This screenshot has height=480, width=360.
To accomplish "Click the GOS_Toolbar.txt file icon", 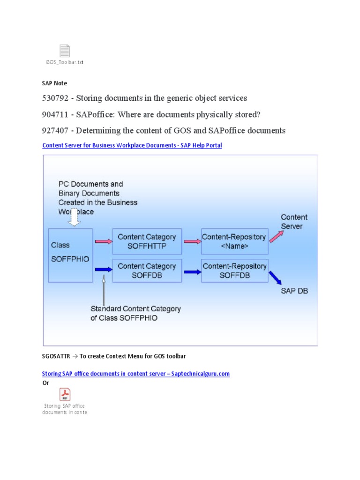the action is coord(65,51).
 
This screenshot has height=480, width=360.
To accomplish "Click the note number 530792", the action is coord(55,98).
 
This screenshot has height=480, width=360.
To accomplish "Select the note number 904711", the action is coord(55,114).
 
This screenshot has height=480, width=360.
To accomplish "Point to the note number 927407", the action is coord(55,130).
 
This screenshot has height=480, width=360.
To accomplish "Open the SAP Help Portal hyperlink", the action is coord(132,145).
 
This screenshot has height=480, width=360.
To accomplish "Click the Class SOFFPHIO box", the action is coord(70,255).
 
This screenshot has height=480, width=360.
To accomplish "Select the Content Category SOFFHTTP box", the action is coord(147,241).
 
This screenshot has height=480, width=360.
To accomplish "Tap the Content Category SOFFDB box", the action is coord(147,270).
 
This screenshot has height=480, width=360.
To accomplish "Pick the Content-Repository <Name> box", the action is coord(235,241).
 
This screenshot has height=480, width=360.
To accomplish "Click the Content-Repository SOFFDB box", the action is coord(235,270).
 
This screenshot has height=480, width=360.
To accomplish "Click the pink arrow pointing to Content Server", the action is coord(277,236).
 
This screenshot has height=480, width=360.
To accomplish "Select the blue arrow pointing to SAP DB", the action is coord(275,277).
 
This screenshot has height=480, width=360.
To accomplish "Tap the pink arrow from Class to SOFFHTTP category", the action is coord(104,241).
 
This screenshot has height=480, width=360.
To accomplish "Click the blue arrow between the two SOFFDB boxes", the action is coord(193,271).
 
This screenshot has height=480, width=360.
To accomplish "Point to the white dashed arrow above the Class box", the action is coord(74,217).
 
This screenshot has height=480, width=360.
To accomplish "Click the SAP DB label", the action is coord(294,291).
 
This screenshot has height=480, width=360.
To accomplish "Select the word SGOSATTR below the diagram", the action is coord(56,356).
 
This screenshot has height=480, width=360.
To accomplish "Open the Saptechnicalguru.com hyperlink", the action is coord(136,374).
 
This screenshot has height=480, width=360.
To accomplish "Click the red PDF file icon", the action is coord(65,394).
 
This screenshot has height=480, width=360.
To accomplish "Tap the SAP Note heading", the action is coord(54,83).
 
